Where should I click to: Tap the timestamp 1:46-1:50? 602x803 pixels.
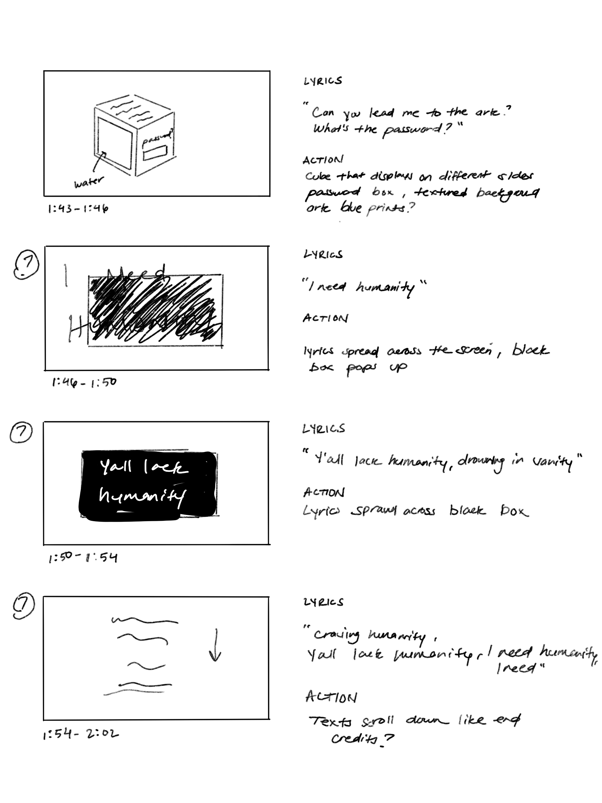[x=84, y=382]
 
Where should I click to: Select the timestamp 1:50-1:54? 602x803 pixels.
[x=83, y=557]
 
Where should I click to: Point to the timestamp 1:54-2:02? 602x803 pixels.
[x=81, y=735]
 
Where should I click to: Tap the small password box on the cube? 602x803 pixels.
[x=155, y=153]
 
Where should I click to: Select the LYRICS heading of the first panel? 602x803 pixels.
[x=322, y=81]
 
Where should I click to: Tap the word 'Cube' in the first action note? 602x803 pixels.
[x=318, y=176]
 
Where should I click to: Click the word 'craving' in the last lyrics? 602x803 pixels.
[x=337, y=635]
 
